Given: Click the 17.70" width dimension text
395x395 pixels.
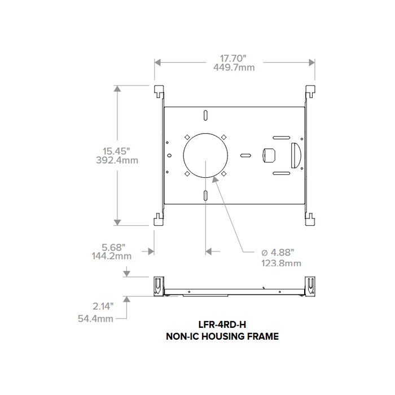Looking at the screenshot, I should point(234,58).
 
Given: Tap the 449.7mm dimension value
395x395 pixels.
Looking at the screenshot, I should point(234,67).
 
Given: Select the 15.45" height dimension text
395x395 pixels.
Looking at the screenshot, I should point(117,151).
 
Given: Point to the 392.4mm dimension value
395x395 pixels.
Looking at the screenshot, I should point(117,160).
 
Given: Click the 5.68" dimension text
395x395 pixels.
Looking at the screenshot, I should point(112,247).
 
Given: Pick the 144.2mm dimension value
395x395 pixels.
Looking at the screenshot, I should point(112,256).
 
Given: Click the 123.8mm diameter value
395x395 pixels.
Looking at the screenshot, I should point(280,263).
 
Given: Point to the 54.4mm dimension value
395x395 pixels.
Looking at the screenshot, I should point(95,318).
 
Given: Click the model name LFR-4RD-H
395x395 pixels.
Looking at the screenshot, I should point(222,325).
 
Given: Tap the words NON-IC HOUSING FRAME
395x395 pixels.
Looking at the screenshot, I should point(222,336).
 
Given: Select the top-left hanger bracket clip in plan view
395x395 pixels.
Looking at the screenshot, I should point(159,92).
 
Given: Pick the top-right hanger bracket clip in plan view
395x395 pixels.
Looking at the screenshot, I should point(311,92).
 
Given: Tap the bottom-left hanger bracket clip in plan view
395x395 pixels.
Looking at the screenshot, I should point(159,218).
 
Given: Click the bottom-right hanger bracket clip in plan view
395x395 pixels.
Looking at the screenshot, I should point(311,218).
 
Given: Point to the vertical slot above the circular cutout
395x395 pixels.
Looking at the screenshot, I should point(205,115).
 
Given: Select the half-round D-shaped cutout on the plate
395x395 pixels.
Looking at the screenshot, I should point(295,155).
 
